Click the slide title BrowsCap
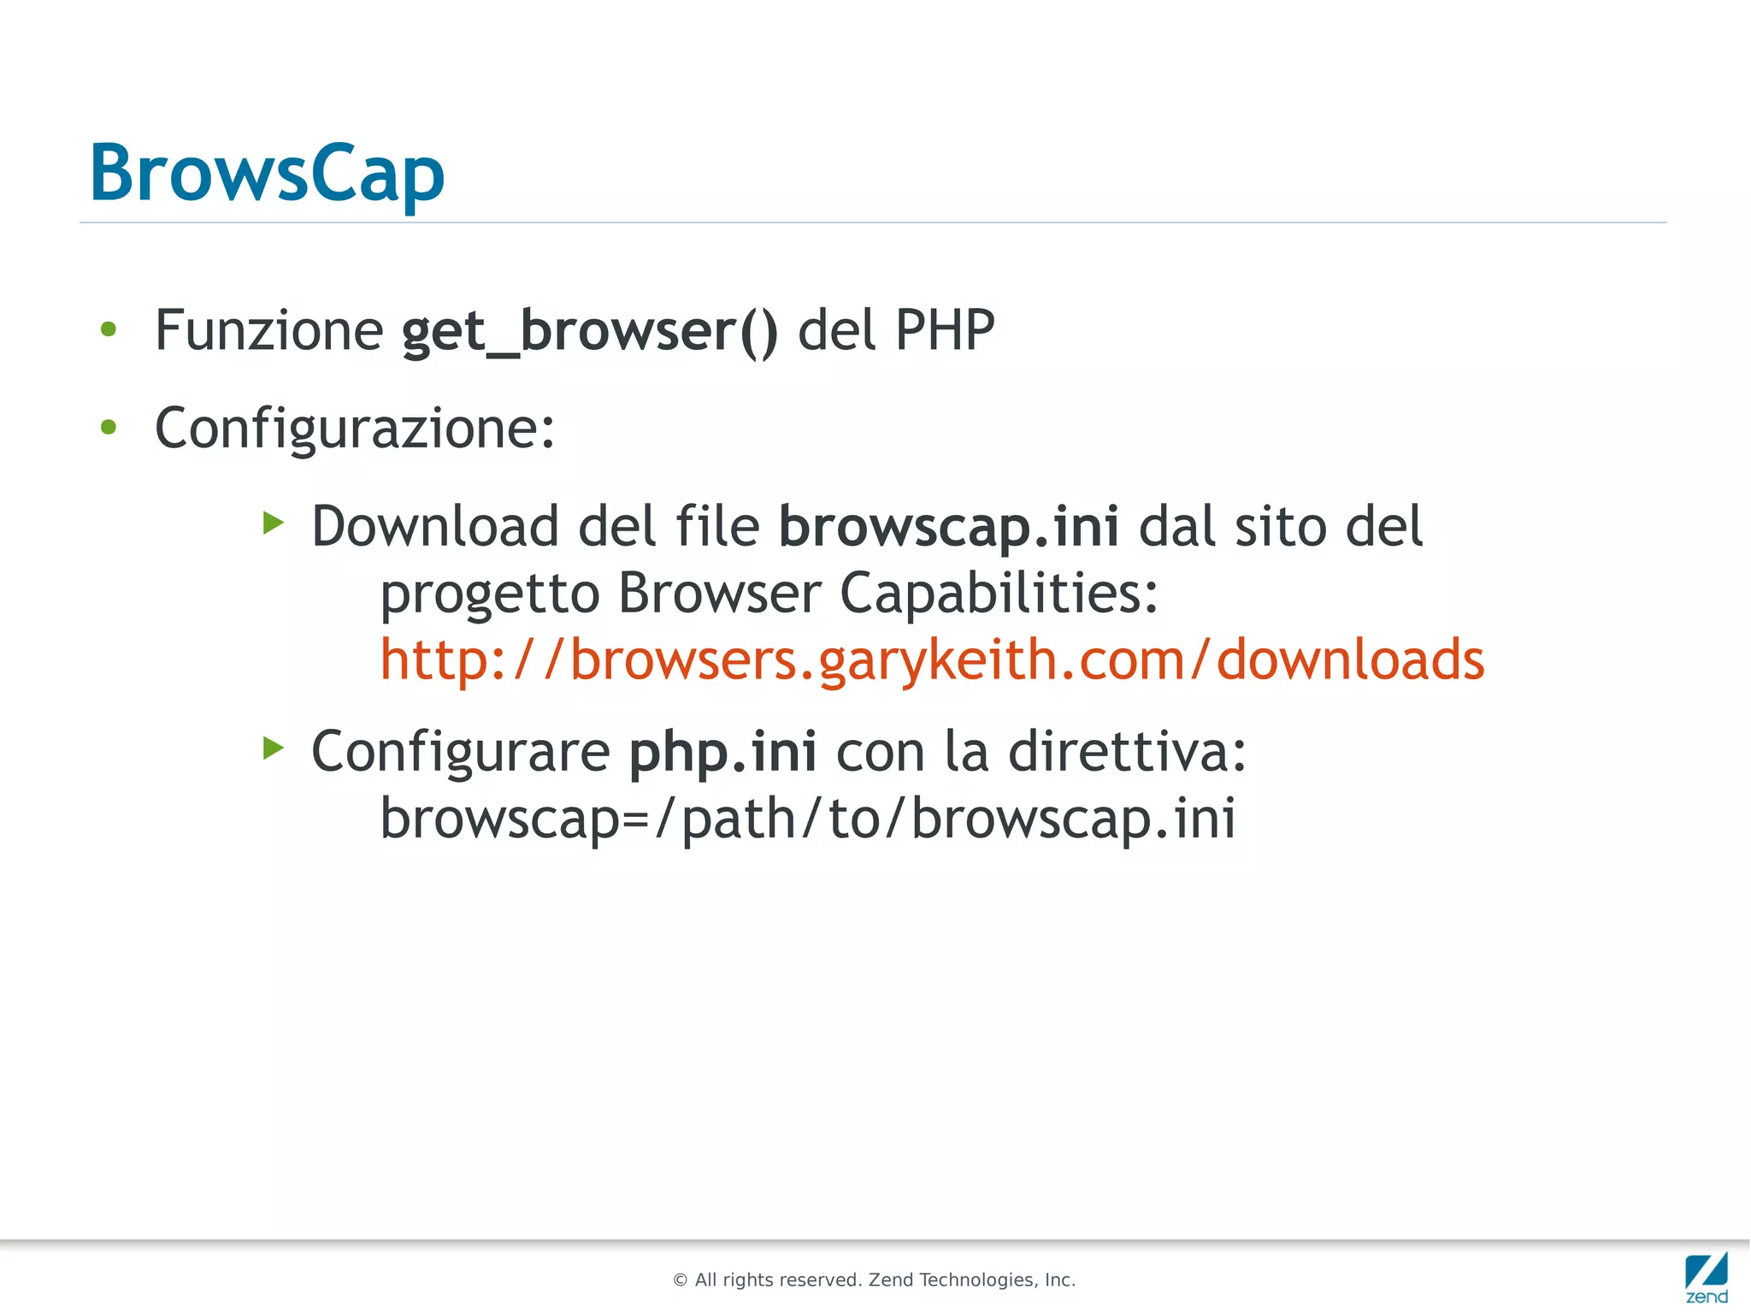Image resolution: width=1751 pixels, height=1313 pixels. coord(267,174)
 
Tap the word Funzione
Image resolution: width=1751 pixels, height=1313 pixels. coord(268,330)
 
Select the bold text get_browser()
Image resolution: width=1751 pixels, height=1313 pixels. coord(590,332)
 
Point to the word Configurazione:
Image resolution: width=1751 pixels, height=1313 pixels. coord(355,428)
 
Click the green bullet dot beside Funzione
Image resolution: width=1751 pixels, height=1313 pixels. coord(109,329)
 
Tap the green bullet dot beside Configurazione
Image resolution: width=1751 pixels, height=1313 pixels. coord(109,427)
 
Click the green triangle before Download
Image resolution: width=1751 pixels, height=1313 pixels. coord(273,522)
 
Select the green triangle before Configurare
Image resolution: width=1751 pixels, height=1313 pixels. coord(273,748)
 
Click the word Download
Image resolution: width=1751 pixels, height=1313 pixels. coord(435,526)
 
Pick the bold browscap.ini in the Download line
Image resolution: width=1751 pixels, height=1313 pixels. coord(948,526)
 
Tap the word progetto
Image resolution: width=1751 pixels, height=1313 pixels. coord(490,593)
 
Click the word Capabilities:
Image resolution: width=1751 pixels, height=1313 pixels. coord(999,593)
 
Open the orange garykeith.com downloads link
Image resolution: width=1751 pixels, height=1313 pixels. coord(932,660)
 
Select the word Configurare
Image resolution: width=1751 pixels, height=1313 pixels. coord(460,752)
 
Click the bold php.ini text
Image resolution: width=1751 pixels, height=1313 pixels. coord(722,752)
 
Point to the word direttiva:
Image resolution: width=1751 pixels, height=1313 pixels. coord(1127,752)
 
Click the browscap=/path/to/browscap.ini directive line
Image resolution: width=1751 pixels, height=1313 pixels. coord(808,819)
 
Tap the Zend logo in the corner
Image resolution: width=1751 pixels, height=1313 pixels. coord(1706,1276)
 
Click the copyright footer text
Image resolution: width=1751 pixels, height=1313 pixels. coord(874,1280)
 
